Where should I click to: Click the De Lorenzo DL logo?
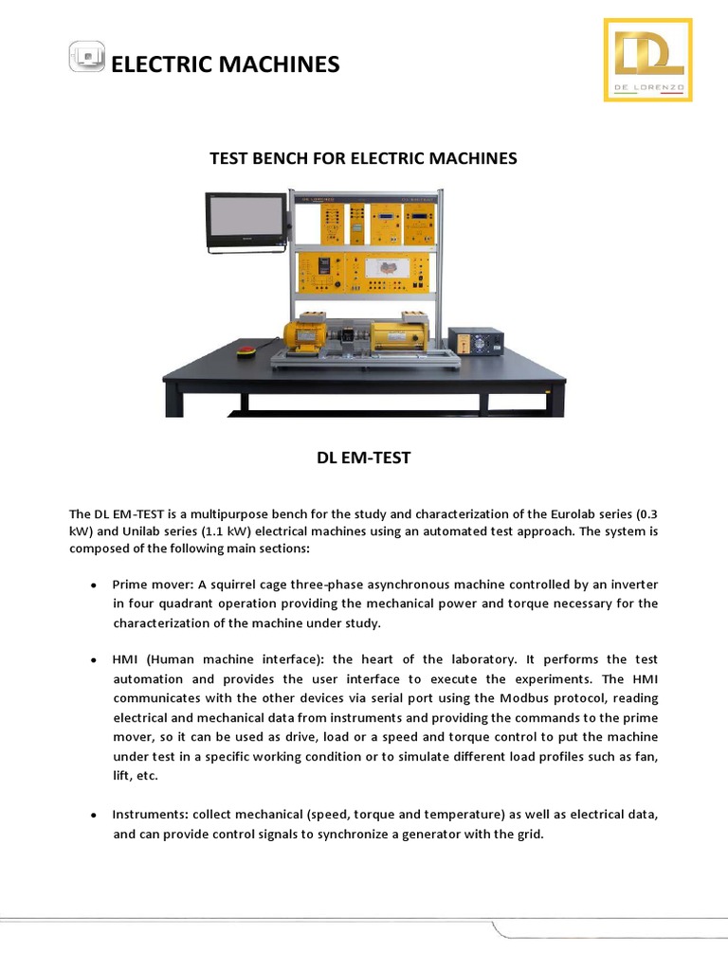(647, 60)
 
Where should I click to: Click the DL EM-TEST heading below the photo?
(364, 458)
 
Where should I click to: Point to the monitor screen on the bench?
(246, 219)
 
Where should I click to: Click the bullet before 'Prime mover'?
(93, 584)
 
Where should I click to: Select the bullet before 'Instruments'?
(93, 815)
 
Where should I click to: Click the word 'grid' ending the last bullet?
(529, 835)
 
